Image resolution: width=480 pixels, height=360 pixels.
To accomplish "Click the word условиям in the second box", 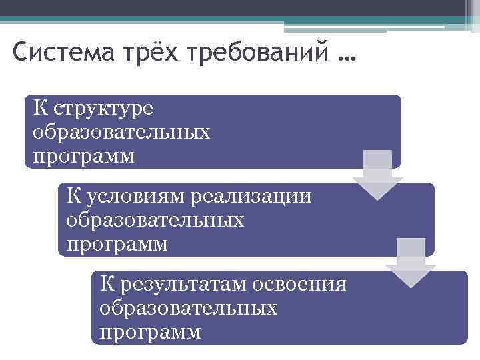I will [136, 197].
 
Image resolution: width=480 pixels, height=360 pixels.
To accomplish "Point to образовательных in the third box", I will [189, 308].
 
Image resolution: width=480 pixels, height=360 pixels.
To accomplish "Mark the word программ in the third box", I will [150, 332].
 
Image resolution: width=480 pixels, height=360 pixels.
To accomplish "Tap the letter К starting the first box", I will [39, 108].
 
